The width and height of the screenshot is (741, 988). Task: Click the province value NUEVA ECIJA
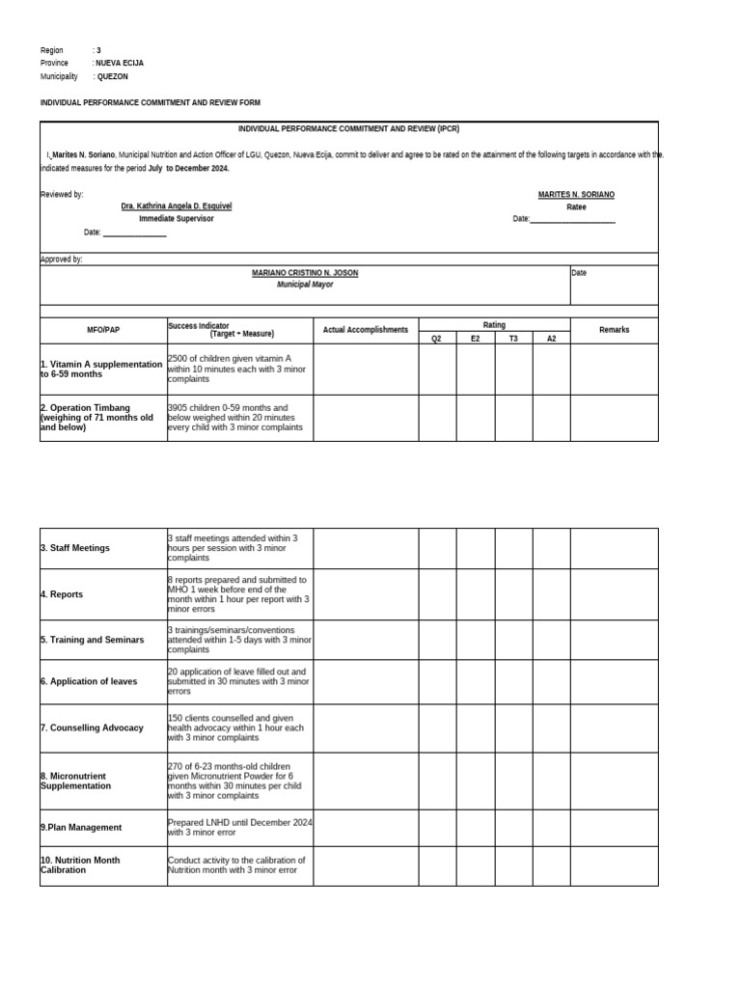click(120, 63)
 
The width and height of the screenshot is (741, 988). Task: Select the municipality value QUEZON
click(112, 76)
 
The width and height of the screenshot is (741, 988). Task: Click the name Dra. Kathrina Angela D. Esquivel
click(176, 206)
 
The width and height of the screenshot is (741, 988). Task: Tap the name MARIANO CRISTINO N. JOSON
click(305, 273)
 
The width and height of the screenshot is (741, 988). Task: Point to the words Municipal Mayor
click(305, 286)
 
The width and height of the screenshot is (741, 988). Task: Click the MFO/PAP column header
click(103, 330)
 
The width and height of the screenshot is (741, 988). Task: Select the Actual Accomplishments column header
click(366, 330)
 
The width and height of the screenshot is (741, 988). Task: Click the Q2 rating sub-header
click(437, 339)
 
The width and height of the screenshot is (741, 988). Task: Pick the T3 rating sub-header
click(513, 339)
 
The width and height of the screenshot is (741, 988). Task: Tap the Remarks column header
click(614, 330)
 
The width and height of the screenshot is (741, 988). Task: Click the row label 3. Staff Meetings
click(75, 548)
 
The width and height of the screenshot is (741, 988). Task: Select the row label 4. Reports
click(62, 594)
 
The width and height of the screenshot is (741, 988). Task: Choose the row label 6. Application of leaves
click(89, 681)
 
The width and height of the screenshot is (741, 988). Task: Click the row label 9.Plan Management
click(81, 827)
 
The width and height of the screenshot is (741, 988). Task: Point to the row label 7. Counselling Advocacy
click(92, 727)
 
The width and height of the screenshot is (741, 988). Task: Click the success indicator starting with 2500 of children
click(236, 369)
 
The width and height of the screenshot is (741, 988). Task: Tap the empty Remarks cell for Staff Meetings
click(614, 548)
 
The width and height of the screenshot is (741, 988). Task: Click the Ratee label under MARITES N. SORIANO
click(576, 206)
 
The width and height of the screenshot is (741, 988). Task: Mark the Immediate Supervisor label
click(176, 219)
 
